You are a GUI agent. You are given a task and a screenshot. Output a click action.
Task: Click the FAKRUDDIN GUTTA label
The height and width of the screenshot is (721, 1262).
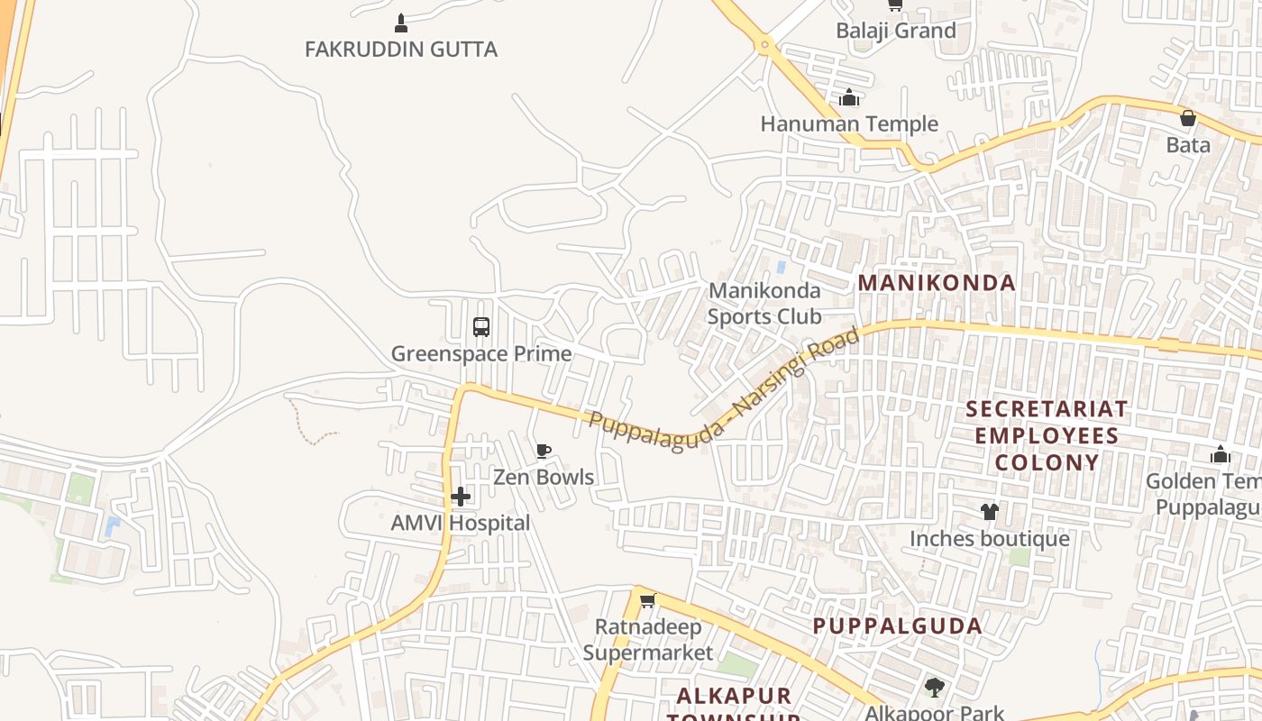[400, 49]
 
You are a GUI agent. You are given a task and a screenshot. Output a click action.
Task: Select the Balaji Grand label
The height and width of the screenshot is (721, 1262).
[895, 31]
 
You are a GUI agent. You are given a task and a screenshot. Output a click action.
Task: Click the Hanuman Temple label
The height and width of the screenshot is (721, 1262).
[849, 123]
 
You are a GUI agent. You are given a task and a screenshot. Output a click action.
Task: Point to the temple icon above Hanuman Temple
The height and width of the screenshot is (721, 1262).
[849, 97]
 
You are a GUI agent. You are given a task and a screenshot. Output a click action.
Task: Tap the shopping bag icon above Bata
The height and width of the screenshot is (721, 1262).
[1188, 118]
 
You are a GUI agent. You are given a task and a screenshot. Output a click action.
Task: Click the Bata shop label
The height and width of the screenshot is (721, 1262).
[1188, 144]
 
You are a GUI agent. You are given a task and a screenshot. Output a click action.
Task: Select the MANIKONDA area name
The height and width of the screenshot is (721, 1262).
[937, 282]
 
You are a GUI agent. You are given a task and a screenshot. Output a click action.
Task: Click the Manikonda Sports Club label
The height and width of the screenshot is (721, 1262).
[764, 303]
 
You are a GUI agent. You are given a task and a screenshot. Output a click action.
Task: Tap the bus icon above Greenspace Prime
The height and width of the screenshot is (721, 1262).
[481, 327]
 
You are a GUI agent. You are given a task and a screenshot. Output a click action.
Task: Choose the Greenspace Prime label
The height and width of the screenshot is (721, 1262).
[481, 353]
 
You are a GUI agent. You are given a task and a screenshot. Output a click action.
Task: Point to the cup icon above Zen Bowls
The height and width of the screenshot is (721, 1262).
[544, 451]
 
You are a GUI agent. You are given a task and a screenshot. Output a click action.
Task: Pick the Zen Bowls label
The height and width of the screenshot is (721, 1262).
[544, 477]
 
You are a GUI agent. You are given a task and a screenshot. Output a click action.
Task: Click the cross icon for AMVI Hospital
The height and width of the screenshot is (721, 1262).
[461, 497]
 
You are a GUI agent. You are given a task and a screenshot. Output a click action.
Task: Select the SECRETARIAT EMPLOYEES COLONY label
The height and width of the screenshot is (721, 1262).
[1046, 435]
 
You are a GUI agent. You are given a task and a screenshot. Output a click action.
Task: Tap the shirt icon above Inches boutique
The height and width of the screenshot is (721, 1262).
[990, 512]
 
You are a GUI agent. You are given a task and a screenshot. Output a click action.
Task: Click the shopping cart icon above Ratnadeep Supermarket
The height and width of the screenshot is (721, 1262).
[647, 600]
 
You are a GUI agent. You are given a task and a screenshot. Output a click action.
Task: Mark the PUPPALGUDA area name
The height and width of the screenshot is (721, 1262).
[897, 625]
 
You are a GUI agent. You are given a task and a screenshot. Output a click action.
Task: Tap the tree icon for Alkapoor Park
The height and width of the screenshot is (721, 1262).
[934, 689]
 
